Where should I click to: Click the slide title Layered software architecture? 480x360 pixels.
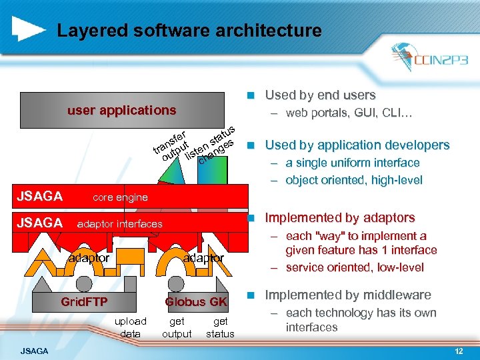(189, 31)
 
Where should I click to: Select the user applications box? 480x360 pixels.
(122, 111)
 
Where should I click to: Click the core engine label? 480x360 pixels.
(120, 197)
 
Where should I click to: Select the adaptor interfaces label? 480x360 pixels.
(120, 224)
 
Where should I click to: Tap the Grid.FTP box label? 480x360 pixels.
(84, 302)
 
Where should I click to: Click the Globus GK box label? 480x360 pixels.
(196, 302)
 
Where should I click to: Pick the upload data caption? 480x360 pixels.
(131, 327)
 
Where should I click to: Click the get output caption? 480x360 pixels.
(177, 327)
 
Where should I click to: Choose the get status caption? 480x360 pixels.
(220, 327)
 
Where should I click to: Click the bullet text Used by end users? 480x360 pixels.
(320, 95)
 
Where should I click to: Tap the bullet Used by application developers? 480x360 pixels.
(357, 145)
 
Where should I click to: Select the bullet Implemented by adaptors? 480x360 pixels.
(340, 218)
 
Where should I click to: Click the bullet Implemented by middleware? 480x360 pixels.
(348, 295)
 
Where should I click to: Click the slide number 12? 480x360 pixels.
(458, 351)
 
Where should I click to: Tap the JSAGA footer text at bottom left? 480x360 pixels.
(34, 351)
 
